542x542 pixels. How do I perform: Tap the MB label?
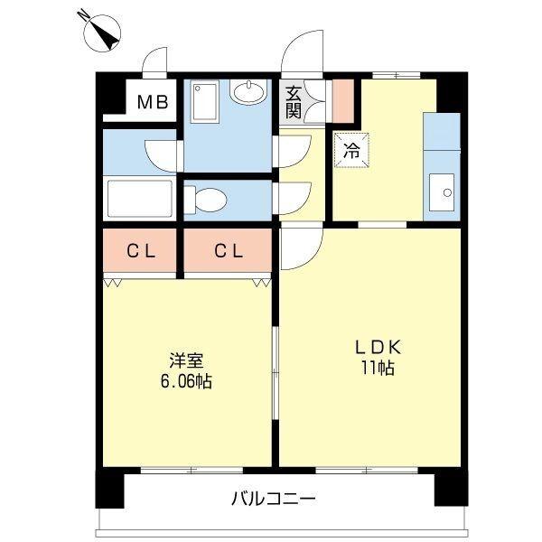click(151, 101)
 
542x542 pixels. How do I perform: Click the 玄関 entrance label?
click(294, 100)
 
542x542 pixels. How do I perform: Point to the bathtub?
click(139, 197)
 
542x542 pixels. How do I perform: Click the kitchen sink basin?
click(444, 190)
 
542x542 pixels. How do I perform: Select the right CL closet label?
click(229, 252)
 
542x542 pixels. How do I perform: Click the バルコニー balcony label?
click(272, 498)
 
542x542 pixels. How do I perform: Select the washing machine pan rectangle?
click(204, 101)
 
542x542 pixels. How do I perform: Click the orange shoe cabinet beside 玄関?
click(341, 101)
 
